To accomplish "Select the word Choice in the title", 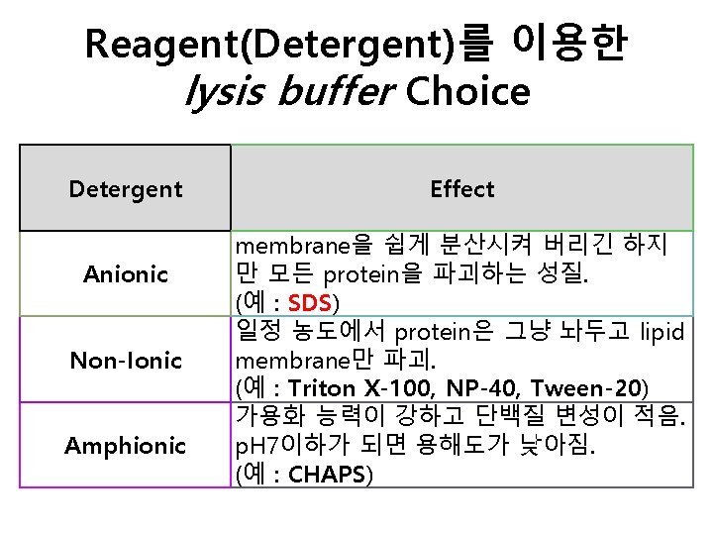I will coord(467,93).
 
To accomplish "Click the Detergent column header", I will coord(126,188).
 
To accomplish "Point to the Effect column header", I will coord(462,188).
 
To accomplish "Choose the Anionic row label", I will coord(126,273).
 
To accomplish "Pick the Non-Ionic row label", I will coord(126,360).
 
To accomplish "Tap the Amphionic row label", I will coord(126,446).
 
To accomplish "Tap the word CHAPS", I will coord(327,475).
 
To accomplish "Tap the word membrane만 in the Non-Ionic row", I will coord(296,360).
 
